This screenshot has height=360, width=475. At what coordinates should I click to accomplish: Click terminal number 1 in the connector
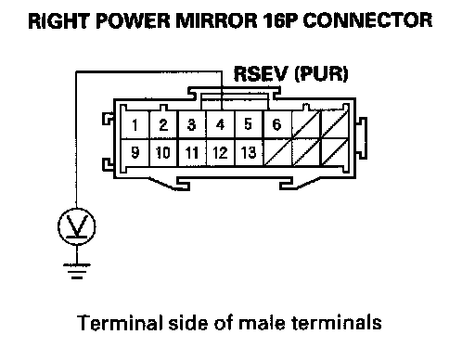[x=135, y=124]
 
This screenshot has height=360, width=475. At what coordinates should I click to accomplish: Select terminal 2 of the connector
[x=163, y=124]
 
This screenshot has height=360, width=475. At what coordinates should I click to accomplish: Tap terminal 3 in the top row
[x=192, y=124]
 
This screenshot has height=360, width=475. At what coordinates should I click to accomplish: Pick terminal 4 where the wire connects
[x=221, y=124]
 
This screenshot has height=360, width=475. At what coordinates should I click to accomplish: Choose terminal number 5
[x=249, y=124]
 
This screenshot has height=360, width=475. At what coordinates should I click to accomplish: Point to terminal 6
[x=277, y=124]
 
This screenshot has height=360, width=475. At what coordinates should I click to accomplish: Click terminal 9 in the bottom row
[x=135, y=152]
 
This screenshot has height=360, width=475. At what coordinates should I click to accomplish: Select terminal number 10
[x=163, y=152]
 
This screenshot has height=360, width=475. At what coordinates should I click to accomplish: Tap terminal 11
[x=192, y=152]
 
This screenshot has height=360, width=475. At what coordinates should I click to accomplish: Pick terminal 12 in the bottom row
[x=221, y=152]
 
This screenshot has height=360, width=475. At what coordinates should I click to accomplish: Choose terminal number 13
[x=249, y=152]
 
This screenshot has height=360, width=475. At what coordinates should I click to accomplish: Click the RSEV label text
[x=261, y=74]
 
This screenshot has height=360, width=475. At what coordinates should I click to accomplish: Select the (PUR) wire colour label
[x=321, y=74]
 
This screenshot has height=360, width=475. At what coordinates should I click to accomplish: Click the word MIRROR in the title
[x=216, y=20]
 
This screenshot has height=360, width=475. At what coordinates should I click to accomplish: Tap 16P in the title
[x=280, y=20]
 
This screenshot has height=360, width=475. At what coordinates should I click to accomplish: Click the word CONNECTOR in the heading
[x=367, y=20]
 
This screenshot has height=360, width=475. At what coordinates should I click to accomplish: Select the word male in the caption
[x=262, y=323]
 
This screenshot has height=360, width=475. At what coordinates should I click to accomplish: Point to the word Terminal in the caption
[x=120, y=323]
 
